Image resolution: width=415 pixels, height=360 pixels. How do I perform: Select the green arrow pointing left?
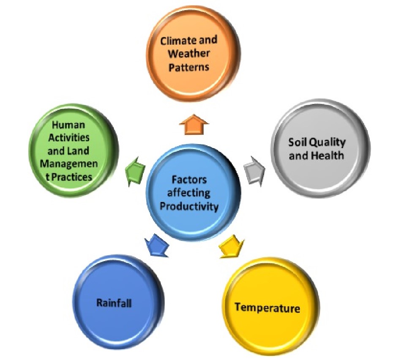135,172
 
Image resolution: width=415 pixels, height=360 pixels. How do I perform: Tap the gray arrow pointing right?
254,171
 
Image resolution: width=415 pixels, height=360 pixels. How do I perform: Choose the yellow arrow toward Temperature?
231,246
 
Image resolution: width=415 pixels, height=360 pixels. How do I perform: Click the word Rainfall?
114,303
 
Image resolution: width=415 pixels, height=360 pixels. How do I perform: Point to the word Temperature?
268,308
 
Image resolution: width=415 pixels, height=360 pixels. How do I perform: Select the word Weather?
189,54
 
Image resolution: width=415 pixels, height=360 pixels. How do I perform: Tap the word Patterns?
189,67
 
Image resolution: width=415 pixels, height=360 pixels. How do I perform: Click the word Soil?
298,142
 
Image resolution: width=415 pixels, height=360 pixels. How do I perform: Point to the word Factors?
189,180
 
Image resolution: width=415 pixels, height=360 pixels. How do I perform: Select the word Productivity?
189,206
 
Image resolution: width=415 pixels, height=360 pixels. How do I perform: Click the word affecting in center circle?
189,193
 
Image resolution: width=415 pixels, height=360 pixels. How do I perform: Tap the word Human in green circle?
68,125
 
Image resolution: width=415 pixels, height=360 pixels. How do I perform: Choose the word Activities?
69,138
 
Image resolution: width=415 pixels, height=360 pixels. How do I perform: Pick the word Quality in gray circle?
328,143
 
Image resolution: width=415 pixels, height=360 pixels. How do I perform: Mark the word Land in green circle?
78,151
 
